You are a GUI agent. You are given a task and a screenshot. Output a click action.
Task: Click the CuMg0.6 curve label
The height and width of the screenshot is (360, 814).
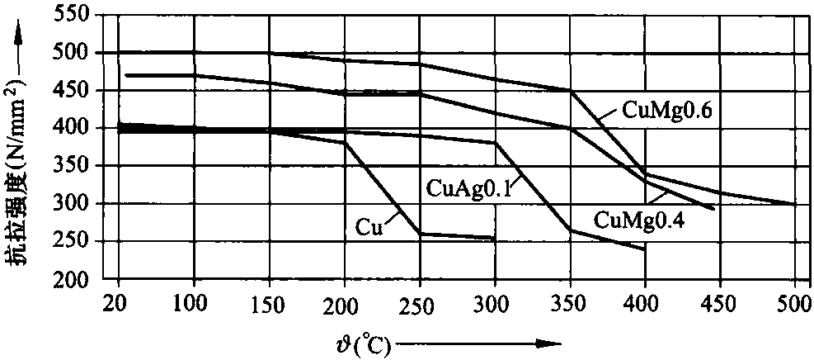pyautogui.click(x=656, y=111)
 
